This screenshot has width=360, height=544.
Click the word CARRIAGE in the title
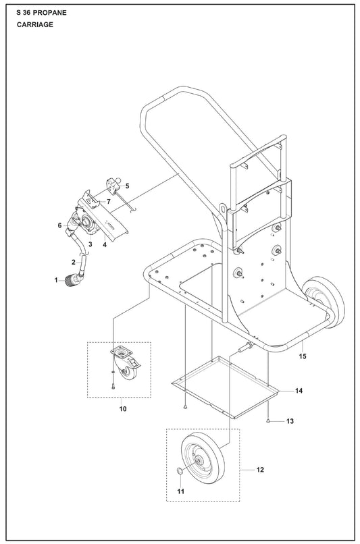35,24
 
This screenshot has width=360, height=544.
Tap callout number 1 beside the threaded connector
56,280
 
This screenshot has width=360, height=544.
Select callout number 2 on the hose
73,263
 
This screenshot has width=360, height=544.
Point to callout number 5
127,186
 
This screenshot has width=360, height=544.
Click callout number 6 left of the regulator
59,225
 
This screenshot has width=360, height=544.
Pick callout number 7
109,201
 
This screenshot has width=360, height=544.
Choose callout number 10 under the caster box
123,409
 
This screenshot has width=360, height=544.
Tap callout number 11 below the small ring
181,491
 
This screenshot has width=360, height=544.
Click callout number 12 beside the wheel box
260,470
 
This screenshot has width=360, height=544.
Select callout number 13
290,421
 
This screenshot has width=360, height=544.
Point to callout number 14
299,391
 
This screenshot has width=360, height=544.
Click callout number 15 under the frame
303,356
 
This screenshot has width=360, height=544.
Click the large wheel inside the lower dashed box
203,458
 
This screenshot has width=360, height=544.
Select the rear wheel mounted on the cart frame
324,302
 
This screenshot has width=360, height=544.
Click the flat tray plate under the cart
226,387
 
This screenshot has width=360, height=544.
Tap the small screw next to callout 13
268,420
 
